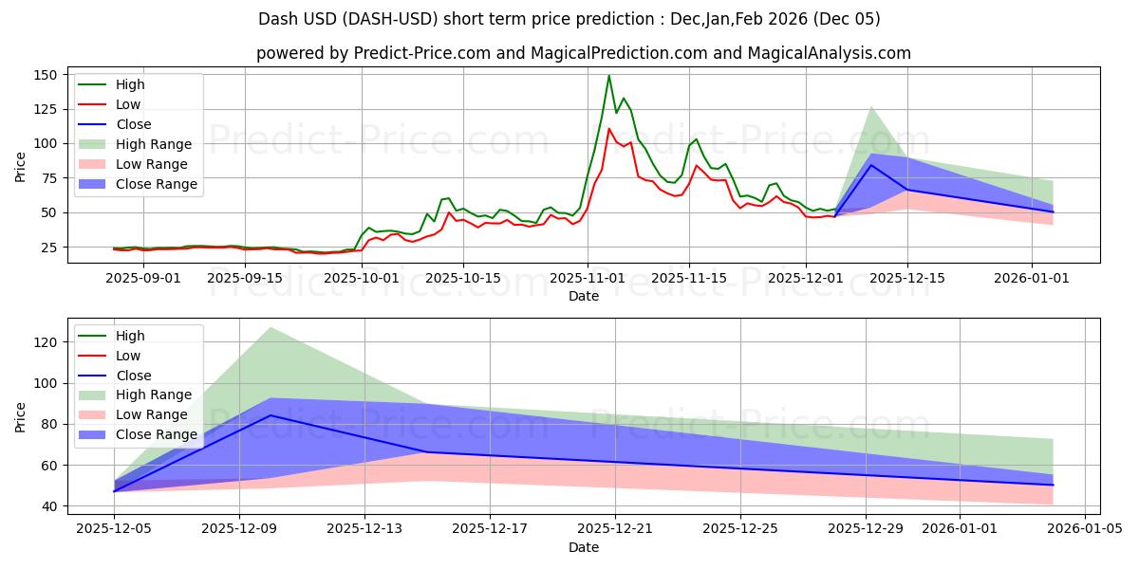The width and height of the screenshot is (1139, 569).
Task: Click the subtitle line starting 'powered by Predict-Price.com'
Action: pos(583,53)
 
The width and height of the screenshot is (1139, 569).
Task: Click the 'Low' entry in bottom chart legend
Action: pos(127,356)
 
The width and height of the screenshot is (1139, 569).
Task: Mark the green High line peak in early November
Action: pos(608,76)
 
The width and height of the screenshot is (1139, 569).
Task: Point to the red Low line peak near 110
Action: pos(608,129)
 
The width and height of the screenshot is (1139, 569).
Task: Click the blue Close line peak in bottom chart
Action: pos(271,415)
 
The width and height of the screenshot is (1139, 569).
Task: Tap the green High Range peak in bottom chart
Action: pos(271,327)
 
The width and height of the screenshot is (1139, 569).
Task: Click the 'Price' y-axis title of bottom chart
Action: pos(21,416)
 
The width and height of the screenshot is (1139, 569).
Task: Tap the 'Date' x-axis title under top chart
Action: pos(583,296)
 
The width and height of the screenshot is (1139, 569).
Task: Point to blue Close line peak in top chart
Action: pos(871,165)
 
